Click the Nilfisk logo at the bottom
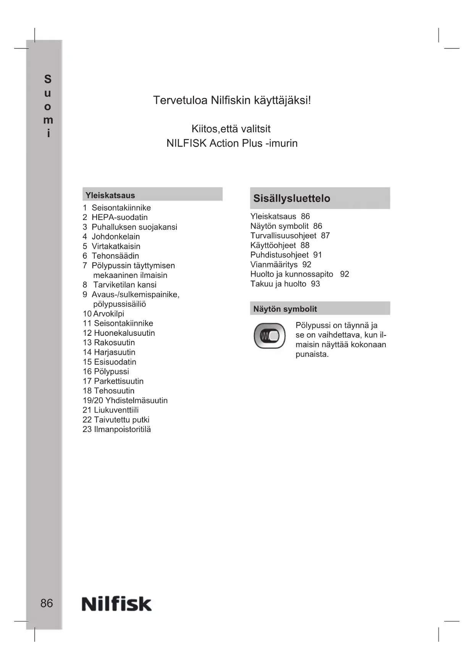pyautogui.click(x=116, y=604)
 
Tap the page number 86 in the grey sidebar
pyautogui.click(x=47, y=603)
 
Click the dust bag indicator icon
pyautogui.click(x=270, y=336)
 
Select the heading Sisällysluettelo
pyautogui.click(x=292, y=198)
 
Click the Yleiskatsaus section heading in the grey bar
pyautogui.click(x=110, y=195)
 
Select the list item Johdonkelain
pyautogui.click(x=116, y=236)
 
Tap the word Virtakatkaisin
pyautogui.click(x=116, y=246)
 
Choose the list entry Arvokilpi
pyautogui.click(x=109, y=314)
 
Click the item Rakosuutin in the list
pyautogui.click(x=114, y=343)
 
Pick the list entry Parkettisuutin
pyautogui.click(x=119, y=381)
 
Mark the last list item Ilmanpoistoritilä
pyautogui.click(x=122, y=429)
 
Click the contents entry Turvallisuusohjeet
pyautogui.click(x=283, y=236)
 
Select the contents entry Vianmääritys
pyautogui.click(x=274, y=264)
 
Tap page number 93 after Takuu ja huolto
pyautogui.click(x=315, y=284)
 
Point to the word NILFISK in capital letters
pyautogui.click(x=186, y=143)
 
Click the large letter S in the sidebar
pyautogui.click(x=48, y=79)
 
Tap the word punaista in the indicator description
pyautogui.click(x=312, y=354)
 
